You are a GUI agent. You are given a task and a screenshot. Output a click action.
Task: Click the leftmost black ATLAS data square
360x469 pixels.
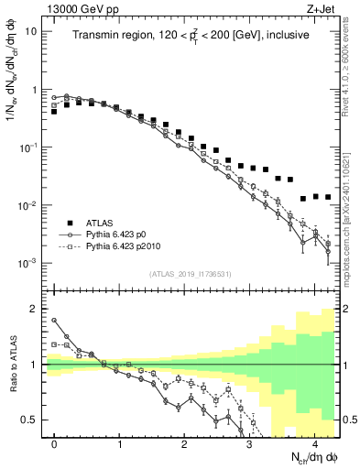tap(55, 111)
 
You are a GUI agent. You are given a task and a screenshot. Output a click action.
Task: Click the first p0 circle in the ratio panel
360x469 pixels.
tap(55, 321)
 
